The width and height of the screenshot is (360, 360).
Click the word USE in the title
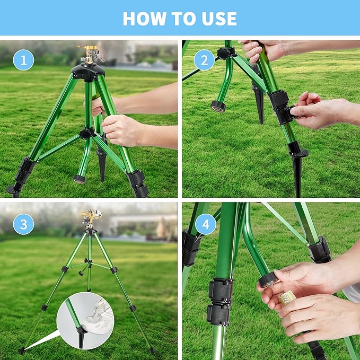pyautogui.click(x=216, y=19)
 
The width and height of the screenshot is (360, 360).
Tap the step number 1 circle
pyautogui.click(x=23, y=59)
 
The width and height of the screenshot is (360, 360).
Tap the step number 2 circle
pyautogui.click(x=204, y=59)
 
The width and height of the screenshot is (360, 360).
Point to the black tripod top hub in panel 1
pyautogui.click(x=87, y=72)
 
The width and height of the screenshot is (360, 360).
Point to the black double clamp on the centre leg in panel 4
pyautogui.click(x=219, y=301)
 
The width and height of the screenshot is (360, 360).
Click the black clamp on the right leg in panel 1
pyautogui.click(x=138, y=182)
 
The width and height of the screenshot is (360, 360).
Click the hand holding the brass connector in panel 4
pyautogui.click(x=313, y=313)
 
